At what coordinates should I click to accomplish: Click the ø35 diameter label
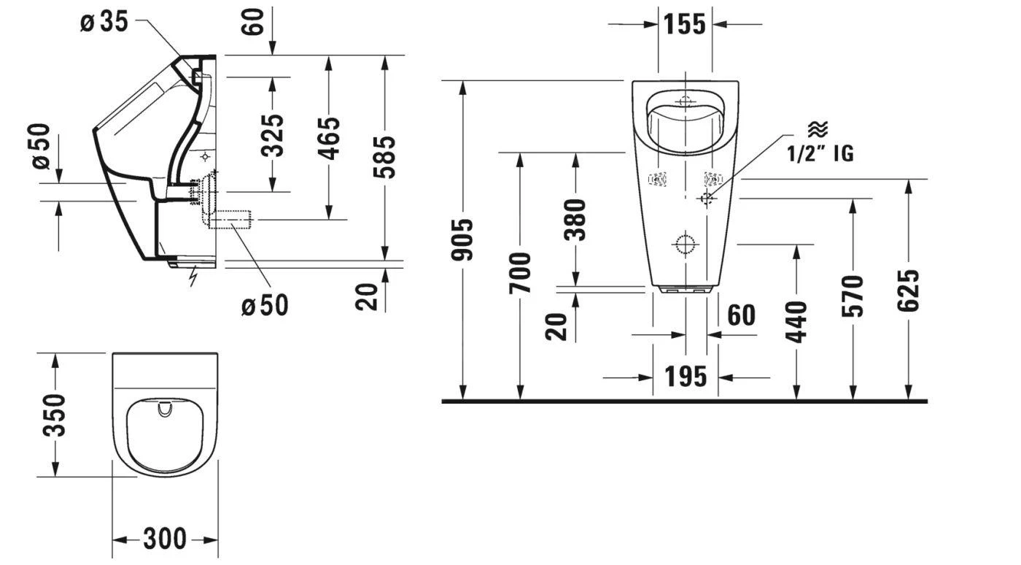pos(104,22)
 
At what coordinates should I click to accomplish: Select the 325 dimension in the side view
pos(273,135)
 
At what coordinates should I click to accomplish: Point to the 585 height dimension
pos(384,156)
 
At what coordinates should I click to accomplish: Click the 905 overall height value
pos(462,239)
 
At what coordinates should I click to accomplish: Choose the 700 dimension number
pos(520,273)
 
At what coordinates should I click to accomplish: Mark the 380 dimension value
pos(575,219)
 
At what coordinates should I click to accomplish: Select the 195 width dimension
pos(685,377)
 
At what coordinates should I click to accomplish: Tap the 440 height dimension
pos(796,321)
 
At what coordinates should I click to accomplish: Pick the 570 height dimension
pos(853,296)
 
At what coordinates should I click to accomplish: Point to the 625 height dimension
pos(909,291)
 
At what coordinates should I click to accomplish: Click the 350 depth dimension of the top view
pos(55,415)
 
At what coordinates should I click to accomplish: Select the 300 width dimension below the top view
pos(165,539)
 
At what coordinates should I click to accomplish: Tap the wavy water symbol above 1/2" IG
pos(818,129)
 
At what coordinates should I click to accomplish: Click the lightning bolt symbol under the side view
pos(193,277)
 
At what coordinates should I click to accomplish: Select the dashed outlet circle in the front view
pos(685,244)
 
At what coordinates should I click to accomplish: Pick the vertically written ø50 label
pos(41,145)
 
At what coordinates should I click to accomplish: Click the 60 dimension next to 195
pos(741,315)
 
